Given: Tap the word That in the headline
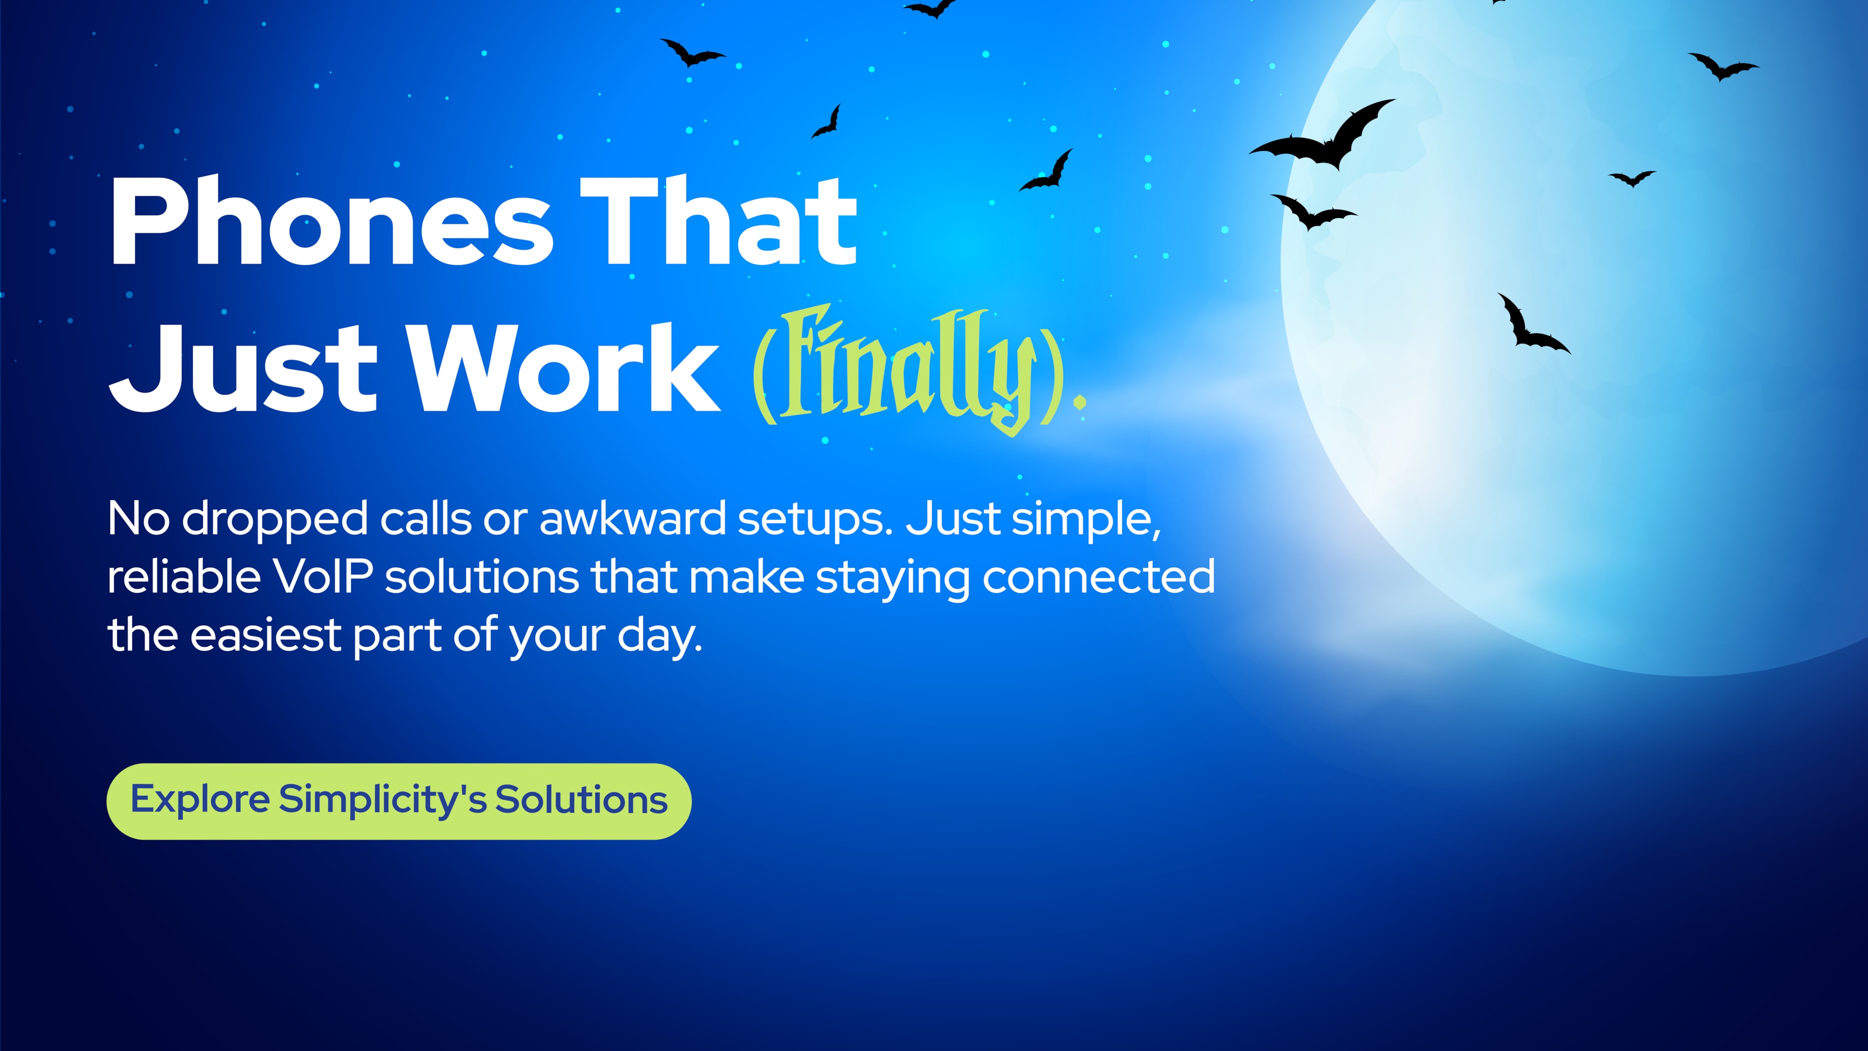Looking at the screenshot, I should click(x=718, y=221).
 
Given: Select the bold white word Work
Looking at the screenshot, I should click(x=566, y=368).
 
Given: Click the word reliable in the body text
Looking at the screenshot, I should click(x=184, y=578).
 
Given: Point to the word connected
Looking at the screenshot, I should click(x=1098, y=578).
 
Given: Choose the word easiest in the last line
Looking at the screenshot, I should click(x=266, y=635).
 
